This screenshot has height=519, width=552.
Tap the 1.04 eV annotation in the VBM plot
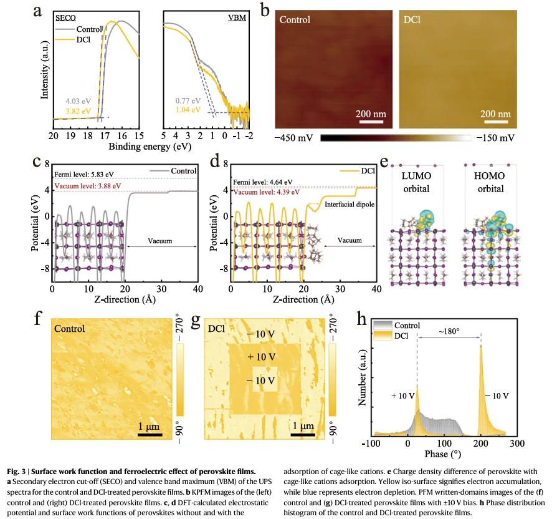point(188,109)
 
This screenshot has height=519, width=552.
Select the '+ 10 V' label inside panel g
point(260,357)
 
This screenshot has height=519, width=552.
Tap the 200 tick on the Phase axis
point(481,443)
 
